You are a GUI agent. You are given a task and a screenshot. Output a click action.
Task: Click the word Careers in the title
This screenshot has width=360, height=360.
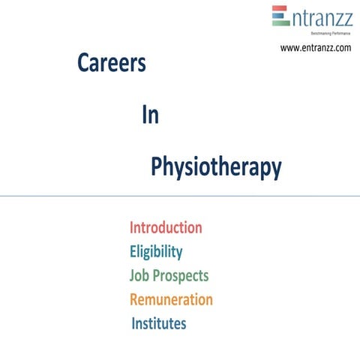(111, 64)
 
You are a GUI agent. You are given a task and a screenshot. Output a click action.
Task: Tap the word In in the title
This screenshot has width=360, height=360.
(149, 115)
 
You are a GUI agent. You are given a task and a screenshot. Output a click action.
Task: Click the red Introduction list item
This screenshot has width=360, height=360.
(166, 227)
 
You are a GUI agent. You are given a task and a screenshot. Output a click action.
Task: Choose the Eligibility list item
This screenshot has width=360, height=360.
(156, 251)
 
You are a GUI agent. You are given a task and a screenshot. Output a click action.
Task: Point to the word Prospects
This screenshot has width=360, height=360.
(181, 275)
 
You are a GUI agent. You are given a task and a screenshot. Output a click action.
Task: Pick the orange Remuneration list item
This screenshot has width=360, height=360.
(171, 299)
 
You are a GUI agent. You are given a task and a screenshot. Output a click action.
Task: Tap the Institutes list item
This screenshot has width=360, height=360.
(158, 324)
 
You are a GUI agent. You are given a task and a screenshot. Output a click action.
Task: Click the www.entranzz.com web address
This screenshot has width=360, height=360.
(315, 48)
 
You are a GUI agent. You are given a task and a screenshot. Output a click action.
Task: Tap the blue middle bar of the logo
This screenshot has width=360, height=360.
(279, 16)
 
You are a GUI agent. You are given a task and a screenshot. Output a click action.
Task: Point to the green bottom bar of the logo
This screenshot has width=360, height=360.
(280, 22)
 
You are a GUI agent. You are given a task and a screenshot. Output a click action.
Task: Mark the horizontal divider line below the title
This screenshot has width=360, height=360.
(180, 196)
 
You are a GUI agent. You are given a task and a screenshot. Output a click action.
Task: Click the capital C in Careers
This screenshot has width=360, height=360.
(83, 64)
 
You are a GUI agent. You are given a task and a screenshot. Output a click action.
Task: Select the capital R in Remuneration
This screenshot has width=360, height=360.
(135, 299)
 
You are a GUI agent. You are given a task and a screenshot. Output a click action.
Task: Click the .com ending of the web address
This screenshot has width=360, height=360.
(341, 48)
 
